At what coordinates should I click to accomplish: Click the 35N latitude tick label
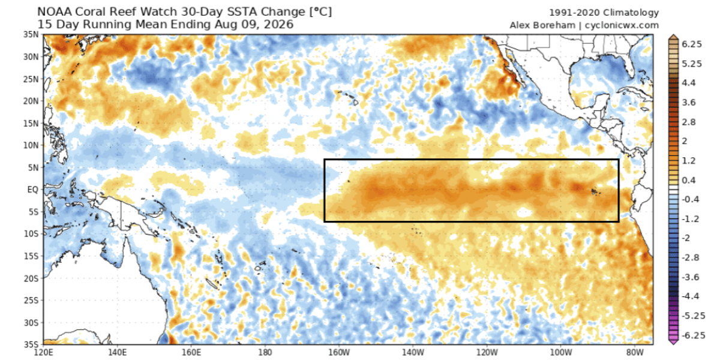pos(31,34)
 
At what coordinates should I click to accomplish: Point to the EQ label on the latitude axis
pos(32,190)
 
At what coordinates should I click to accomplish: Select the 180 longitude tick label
pos(265,352)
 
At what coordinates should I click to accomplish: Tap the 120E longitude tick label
pos(43,352)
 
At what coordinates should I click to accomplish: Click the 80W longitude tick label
pos(635,352)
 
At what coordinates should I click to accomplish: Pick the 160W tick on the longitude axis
pos(339,352)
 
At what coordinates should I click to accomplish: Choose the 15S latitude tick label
pos(31,256)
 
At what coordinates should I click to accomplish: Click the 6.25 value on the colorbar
pos(692,44)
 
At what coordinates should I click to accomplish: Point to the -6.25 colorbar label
pos(694,335)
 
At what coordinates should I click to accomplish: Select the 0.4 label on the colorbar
pos(689,180)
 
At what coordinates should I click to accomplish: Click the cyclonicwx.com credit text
pos(622,25)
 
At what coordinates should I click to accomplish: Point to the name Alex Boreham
pos(542,25)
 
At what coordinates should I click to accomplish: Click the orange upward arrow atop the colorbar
pos(673,37)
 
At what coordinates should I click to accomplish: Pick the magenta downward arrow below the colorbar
pos(673,341)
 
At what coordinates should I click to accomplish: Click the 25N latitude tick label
pos(31,79)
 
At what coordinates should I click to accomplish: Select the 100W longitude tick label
pos(561,352)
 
